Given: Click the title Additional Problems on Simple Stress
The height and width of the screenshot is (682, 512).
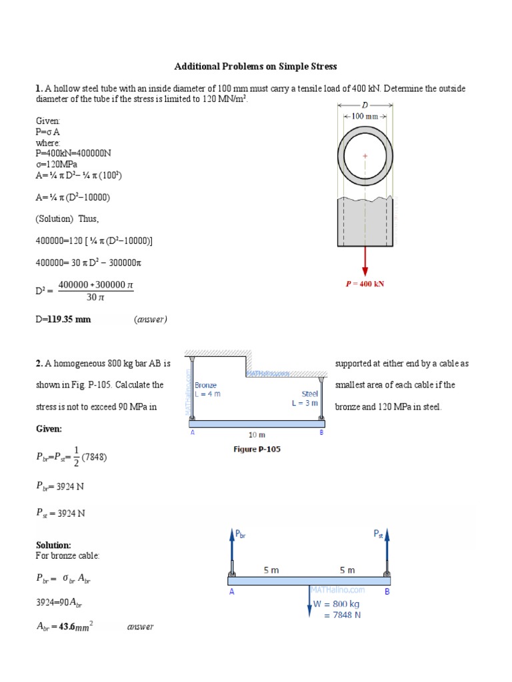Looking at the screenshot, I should (x=255, y=67).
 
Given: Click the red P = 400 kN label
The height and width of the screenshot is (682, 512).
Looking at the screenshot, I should (x=365, y=284).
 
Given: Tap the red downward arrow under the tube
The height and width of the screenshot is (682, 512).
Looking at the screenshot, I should (x=365, y=260).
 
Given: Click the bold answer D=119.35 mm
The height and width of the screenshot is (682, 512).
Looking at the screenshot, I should (x=63, y=319).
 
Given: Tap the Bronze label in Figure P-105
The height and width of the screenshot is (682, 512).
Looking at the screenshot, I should (x=205, y=385).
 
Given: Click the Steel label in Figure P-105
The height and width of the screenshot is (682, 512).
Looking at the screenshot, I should (x=310, y=394).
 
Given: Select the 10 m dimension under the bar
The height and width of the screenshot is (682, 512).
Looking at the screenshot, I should (x=257, y=434).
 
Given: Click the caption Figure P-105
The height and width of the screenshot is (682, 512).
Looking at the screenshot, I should (x=257, y=450).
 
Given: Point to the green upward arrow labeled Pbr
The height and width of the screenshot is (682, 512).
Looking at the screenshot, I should (x=232, y=546).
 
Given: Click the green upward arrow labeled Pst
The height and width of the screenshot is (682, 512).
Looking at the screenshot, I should (x=387, y=546).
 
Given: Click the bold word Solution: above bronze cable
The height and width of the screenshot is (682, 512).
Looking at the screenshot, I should (x=53, y=545).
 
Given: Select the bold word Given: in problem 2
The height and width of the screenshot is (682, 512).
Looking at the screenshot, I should (x=49, y=429).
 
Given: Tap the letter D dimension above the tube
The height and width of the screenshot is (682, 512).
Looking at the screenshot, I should (x=365, y=105).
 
